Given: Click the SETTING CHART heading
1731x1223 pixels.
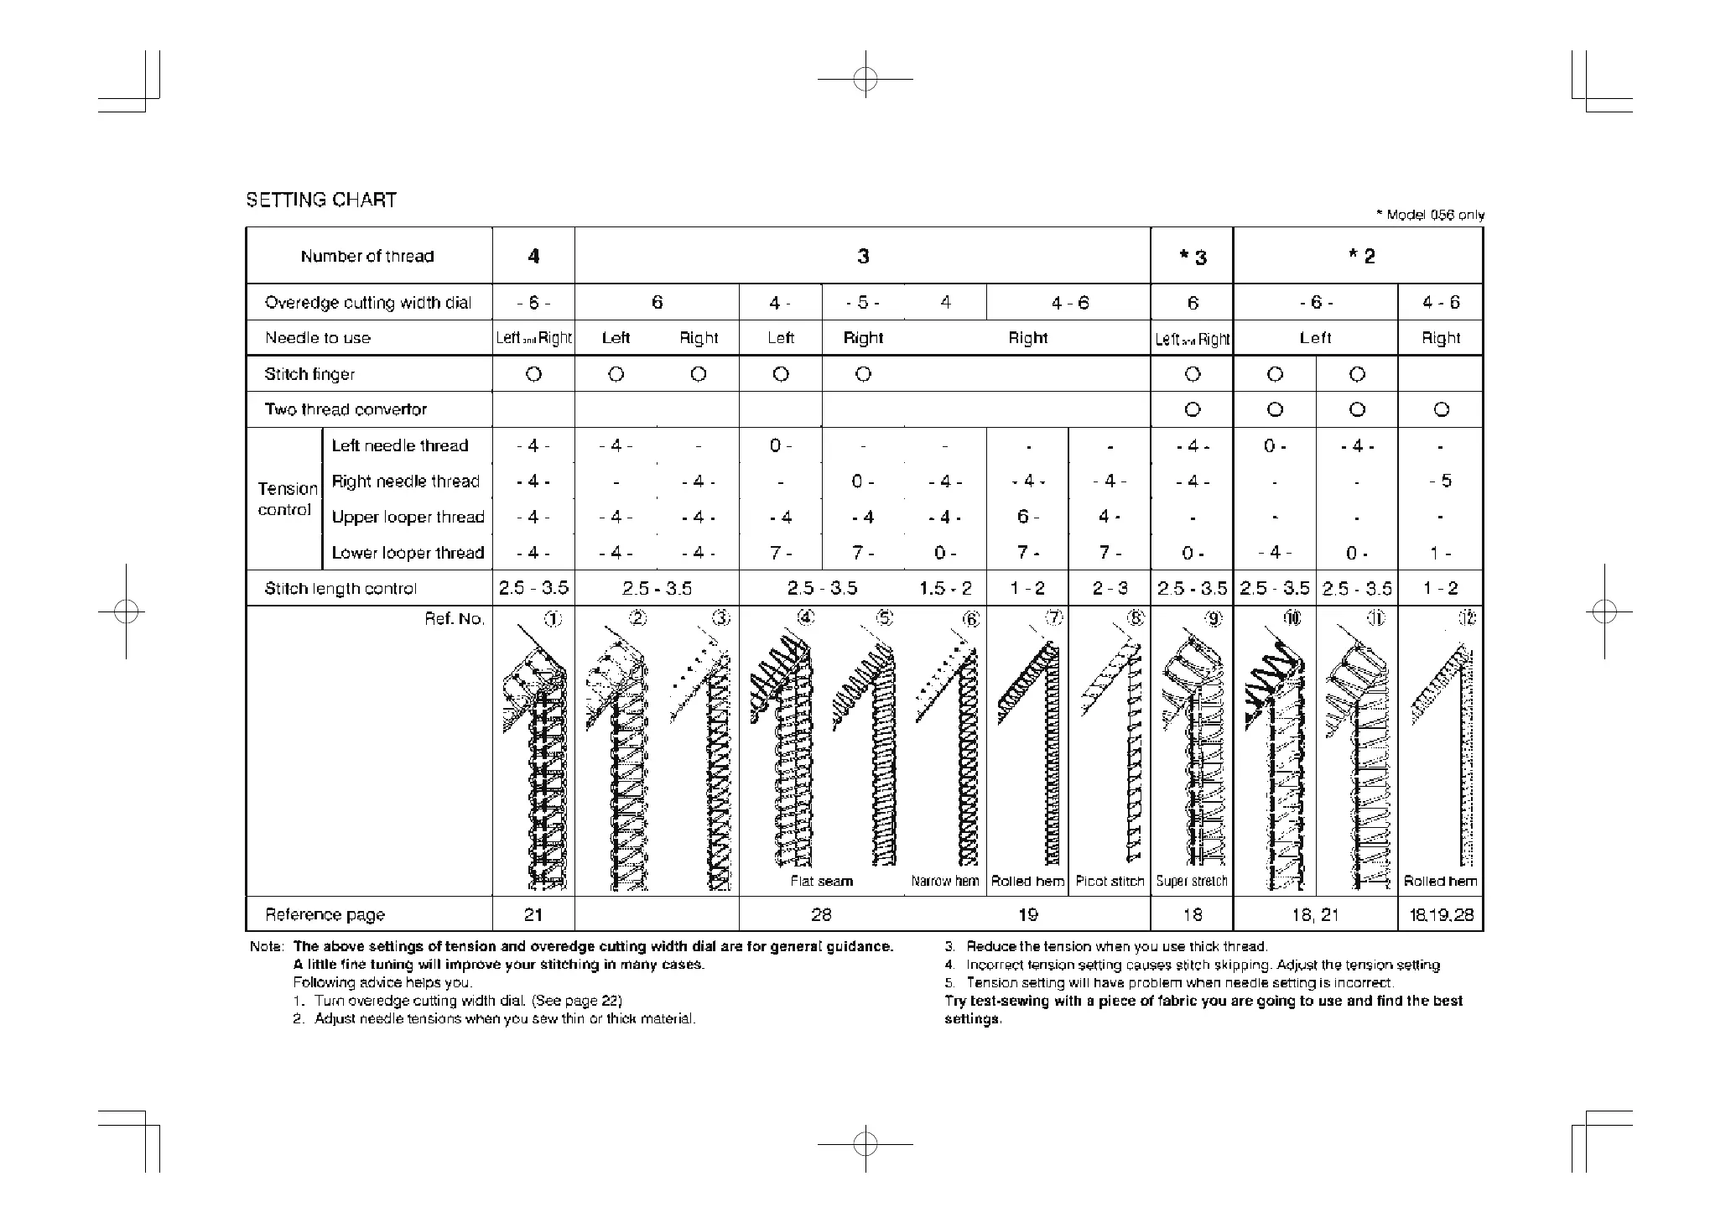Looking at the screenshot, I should click(x=320, y=200).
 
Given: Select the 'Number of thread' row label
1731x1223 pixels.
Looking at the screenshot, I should click(x=367, y=257).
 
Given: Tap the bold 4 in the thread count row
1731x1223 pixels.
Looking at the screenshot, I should click(x=533, y=257).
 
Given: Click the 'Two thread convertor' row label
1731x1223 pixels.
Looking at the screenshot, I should click(x=346, y=409).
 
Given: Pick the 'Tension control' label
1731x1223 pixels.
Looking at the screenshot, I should click(x=287, y=499).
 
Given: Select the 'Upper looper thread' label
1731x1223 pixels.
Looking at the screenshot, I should click(x=408, y=517).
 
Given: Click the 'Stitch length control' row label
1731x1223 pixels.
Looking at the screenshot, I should click(x=340, y=588).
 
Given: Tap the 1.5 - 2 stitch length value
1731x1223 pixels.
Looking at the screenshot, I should click(x=945, y=588).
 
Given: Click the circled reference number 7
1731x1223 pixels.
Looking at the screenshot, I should click(x=1054, y=618).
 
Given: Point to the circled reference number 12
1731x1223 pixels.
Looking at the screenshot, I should click(x=1467, y=618).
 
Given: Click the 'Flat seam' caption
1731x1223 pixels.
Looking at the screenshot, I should click(x=821, y=881).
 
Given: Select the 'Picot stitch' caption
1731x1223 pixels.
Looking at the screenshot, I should click(x=1110, y=881).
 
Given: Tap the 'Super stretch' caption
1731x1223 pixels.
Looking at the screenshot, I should click(x=1192, y=881).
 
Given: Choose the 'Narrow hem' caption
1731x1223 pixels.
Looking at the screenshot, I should click(x=945, y=881).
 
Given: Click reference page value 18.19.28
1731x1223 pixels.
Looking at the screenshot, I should click(x=1441, y=914).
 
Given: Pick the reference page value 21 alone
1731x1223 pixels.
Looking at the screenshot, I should click(x=533, y=914).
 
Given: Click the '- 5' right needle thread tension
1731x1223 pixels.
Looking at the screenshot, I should click(x=1441, y=481).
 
